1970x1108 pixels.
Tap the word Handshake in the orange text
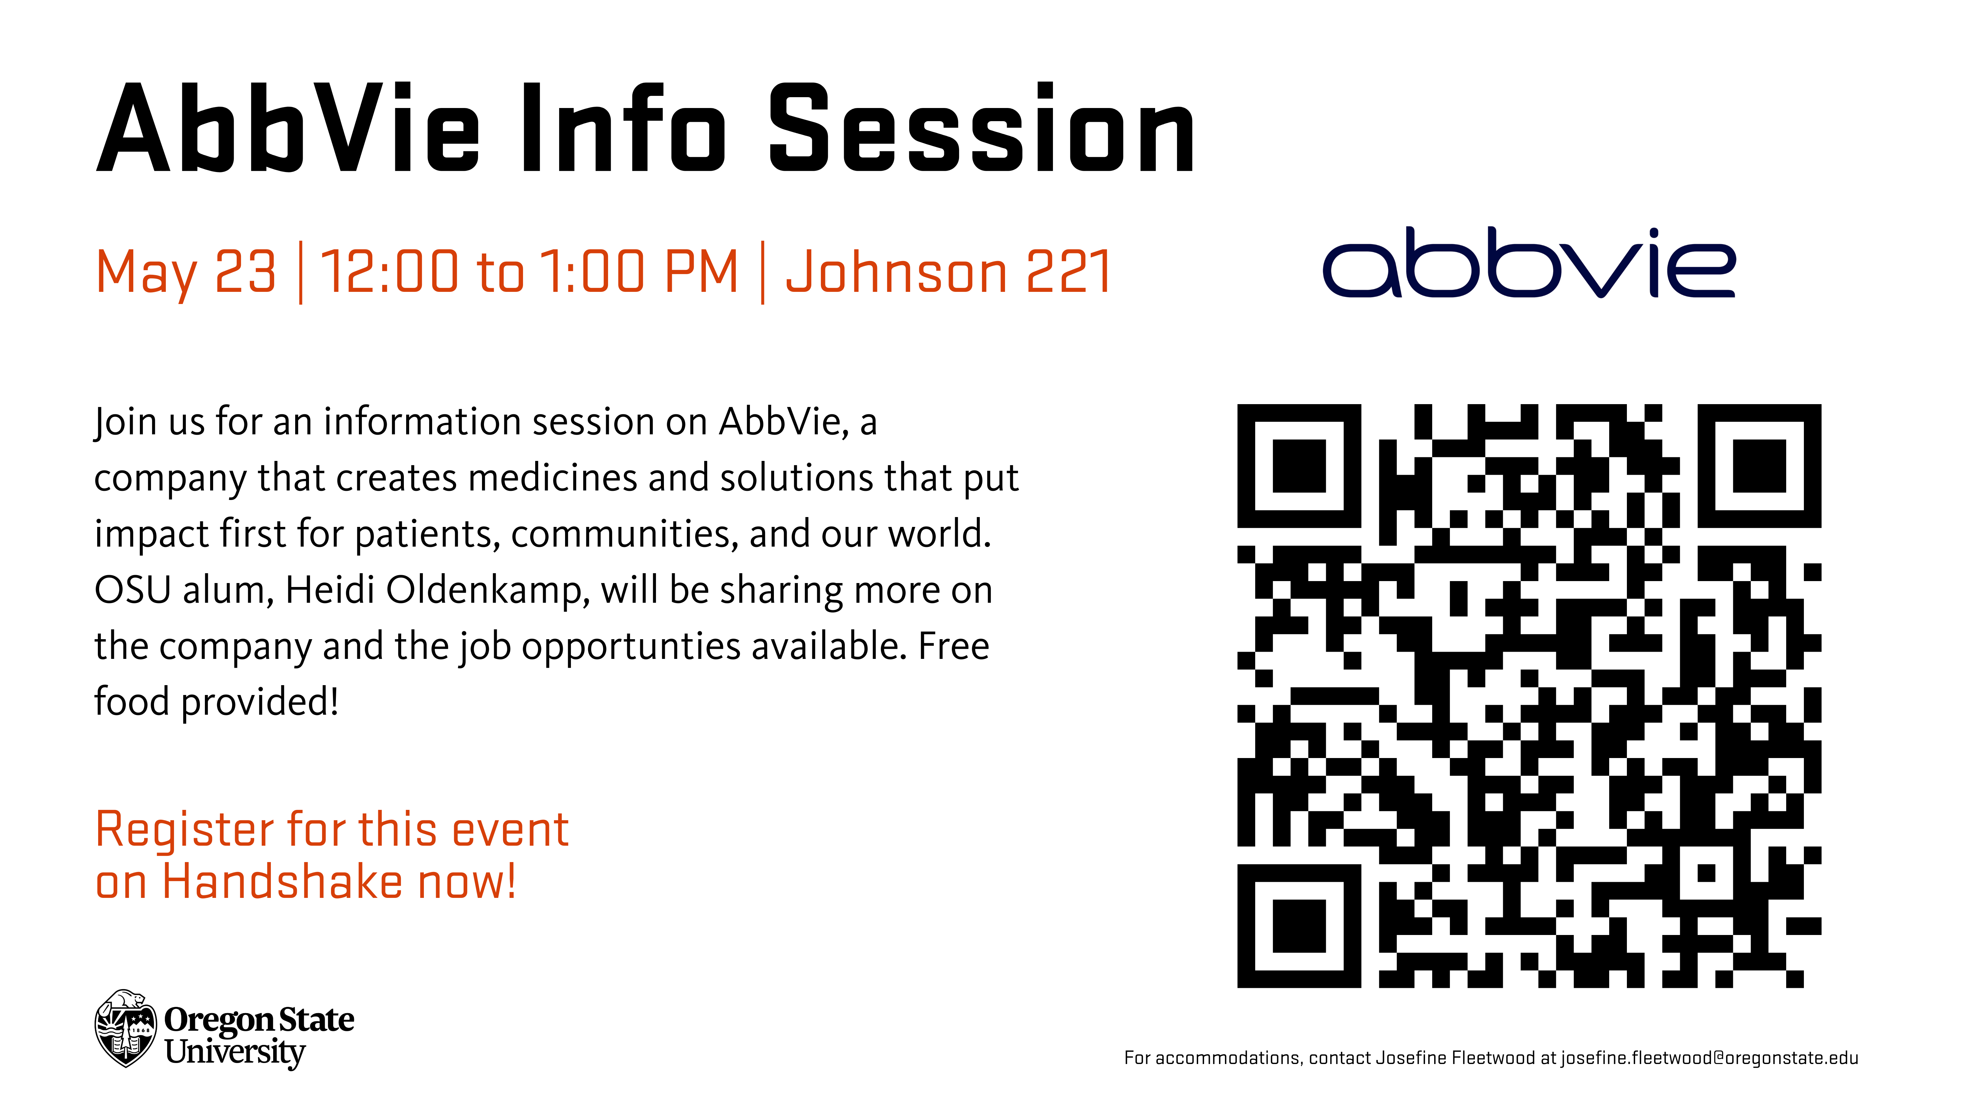283,882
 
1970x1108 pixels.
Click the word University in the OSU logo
235,1053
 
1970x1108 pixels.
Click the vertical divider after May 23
300,272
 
